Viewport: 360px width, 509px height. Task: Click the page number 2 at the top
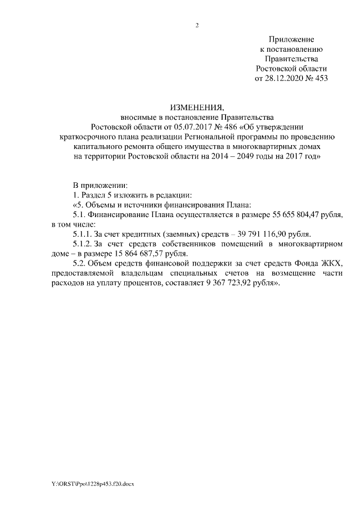point(197,25)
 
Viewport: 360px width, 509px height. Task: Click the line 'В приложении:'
point(101,184)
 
